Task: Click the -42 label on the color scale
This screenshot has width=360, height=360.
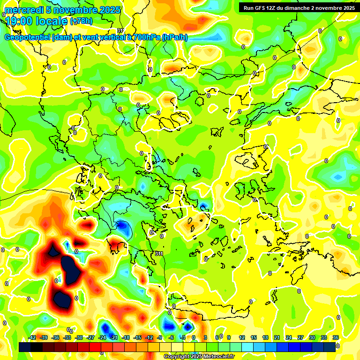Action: [x=32, y=337]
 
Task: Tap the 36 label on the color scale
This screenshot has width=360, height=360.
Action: [x=336, y=337]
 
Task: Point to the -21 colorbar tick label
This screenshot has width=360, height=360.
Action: [x=114, y=337]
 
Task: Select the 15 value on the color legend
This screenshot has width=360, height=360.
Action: [x=254, y=337]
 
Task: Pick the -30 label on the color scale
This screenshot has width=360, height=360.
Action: [x=79, y=337]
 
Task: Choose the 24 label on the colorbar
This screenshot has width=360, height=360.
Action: [x=289, y=337]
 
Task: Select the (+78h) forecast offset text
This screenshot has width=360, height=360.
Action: [x=81, y=21]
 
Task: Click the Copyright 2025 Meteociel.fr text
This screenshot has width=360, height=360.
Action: [x=199, y=356]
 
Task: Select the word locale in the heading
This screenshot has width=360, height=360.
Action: [x=52, y=21]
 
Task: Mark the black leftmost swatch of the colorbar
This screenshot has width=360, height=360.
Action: [x=25, y=347]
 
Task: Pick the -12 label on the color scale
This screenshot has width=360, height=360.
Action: [x=149, y=337]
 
